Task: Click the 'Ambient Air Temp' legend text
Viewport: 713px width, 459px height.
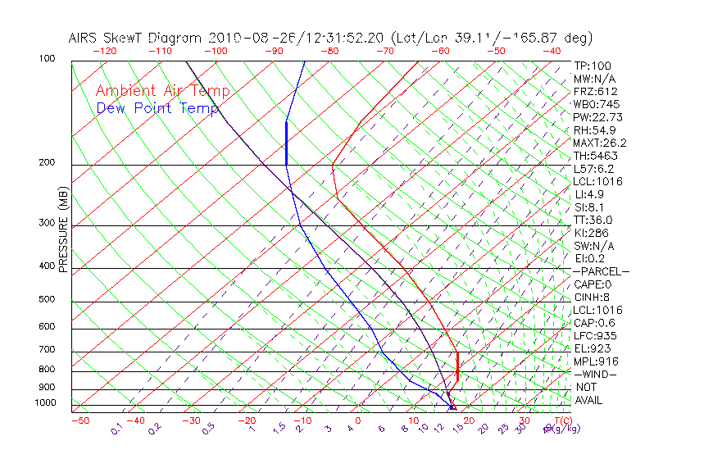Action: [x=162, y=92]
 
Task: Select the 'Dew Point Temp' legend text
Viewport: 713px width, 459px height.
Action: [x=157, y=108]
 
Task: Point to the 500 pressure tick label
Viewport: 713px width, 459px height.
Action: [x=47, y=300]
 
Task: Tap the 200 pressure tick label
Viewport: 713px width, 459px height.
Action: [x=47, y=163]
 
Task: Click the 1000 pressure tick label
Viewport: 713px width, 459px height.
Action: [x=44, y=403]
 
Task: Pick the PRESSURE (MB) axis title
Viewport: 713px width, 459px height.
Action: [x=63, y=229]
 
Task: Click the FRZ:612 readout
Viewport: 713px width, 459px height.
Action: [x=596, y=92]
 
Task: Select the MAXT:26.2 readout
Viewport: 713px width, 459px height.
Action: [x=599, y=143]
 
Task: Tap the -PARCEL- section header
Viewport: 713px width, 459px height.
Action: [x=601, y=271]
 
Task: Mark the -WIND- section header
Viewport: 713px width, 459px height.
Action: [x=596, y=375]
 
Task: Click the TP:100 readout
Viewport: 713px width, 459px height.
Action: [x=593, y=66]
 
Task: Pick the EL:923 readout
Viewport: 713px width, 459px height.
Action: [x=593, y=348]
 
